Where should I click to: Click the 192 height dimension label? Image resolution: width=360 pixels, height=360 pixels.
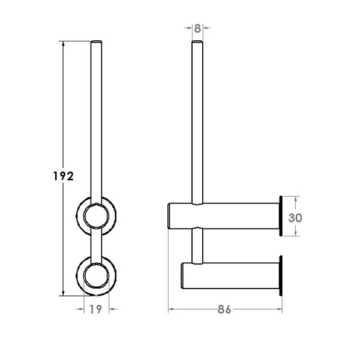click(64, 176)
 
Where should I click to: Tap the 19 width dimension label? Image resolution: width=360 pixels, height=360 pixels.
click(95, 309)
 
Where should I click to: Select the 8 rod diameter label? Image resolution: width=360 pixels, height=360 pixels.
click(197, 28)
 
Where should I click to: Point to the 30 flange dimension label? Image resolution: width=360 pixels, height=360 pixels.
click(295, 218)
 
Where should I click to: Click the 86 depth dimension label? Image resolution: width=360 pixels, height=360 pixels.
click(224, 310)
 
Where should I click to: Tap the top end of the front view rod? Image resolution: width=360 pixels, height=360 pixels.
click(96, 41)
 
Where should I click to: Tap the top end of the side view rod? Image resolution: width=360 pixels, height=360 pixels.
click(197, 41)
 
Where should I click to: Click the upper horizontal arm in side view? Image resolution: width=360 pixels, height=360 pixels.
click(224, 216)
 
